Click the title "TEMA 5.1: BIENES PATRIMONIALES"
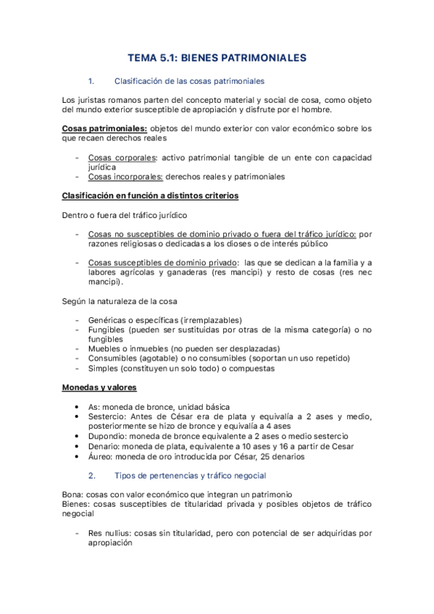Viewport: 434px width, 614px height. pyautogui.click(x=217, y=56)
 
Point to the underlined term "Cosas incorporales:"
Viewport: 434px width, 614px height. pyautogui.click(x=125, y=176)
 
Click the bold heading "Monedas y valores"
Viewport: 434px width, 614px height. pyautogui.click(x=100, y=387)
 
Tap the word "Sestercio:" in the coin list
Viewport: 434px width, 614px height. pyautogui.click(x=109, y=416)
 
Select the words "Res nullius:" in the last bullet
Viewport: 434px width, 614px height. pyautogui.click(x=109, y=532)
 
